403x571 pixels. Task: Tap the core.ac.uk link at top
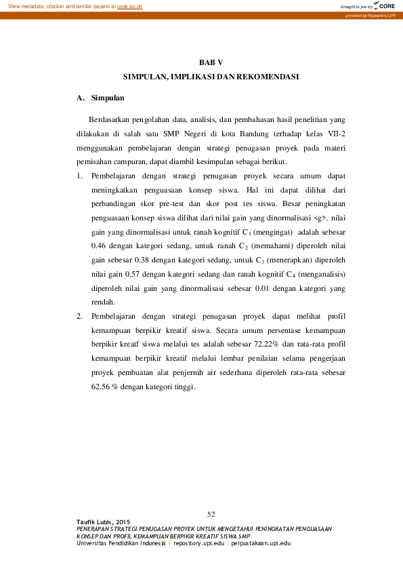130,5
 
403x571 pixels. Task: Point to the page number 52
211,513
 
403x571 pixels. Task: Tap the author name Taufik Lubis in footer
96,521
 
